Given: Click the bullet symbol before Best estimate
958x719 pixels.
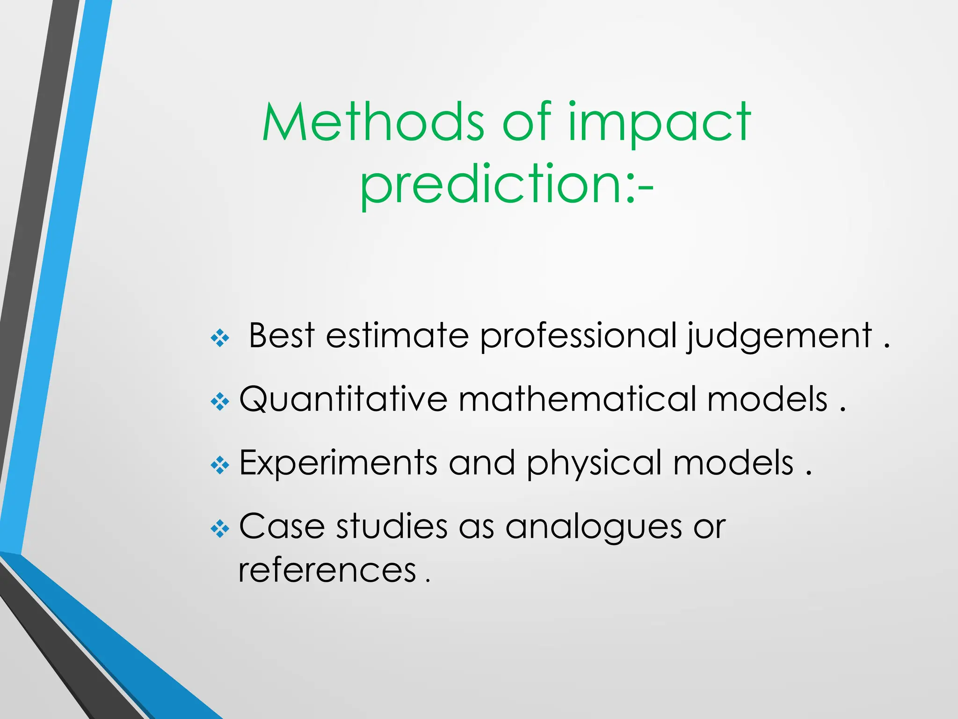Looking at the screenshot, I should click(220, 338).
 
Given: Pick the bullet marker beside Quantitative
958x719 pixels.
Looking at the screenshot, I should click(220, 402).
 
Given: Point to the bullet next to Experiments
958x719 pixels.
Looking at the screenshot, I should click(220, 465).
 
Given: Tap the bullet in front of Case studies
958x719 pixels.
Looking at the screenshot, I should click(220, 529).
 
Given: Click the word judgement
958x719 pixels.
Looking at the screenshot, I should click(779, 337).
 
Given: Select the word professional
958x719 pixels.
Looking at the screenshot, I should click(578, 337).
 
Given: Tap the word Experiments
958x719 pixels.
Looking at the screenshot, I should click(338, 463).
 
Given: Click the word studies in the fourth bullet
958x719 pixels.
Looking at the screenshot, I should click(392, 526).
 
